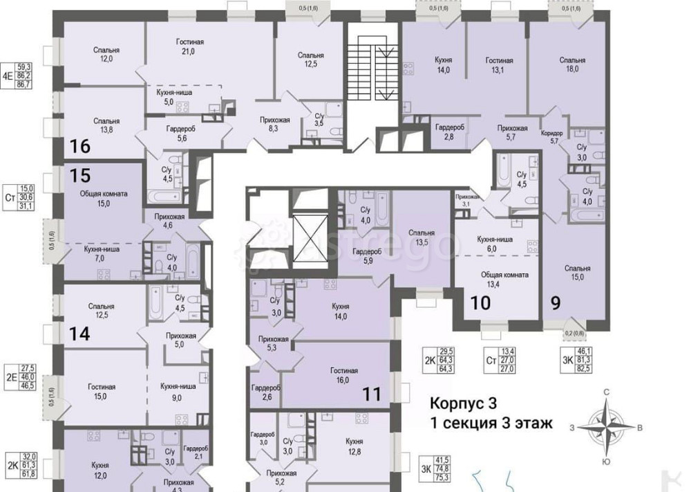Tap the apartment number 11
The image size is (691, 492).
[372, 394]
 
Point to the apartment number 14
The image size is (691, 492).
[79, 334]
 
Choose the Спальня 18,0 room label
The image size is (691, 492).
[572, 64]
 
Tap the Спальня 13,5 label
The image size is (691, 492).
[421, 237]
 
